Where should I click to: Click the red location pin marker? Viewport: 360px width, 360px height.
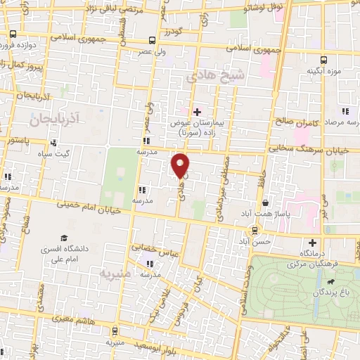coord(181,165)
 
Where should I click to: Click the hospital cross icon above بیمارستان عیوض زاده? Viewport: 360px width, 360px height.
coord(197,111)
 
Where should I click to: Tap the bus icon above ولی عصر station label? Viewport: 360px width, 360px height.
coord(153,40)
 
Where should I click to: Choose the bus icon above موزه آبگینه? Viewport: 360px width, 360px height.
coord(323,60)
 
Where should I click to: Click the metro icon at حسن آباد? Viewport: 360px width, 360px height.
coord(255,229)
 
